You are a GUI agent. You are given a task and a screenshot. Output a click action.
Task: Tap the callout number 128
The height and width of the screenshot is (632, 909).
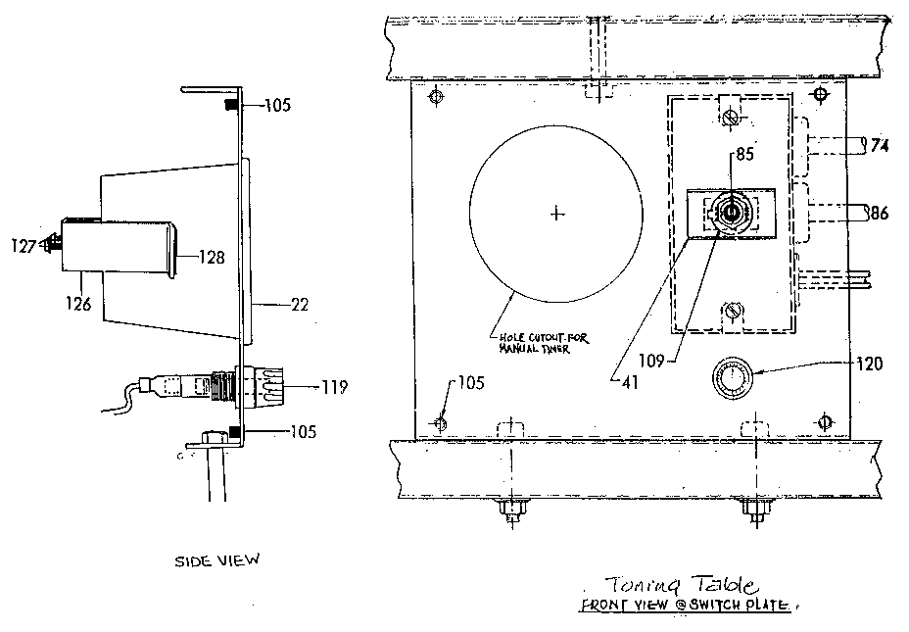tap(211, 259)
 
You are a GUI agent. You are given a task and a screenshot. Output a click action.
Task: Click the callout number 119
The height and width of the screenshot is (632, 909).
tap(334, 387)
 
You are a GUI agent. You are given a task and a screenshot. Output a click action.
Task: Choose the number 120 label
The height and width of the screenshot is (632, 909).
tap(869, 364)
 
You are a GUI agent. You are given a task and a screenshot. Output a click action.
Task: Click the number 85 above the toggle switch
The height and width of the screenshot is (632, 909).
tap(745, 153)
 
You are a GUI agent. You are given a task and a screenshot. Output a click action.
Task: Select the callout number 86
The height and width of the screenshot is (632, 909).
tap(878, 212)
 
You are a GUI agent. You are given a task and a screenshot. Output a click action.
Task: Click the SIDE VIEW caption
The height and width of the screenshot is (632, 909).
tap(217, 560)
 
